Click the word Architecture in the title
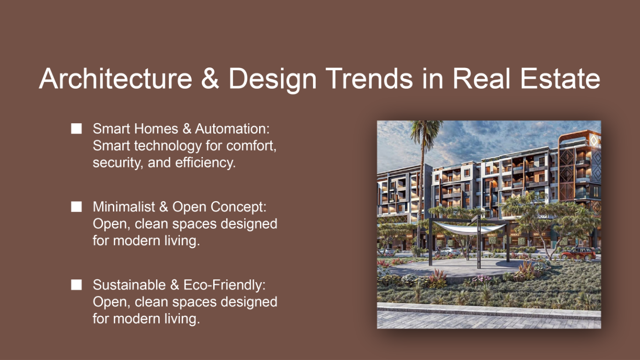tap(115, 79)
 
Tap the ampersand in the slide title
tap(210, 79)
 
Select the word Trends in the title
tap(369, 79)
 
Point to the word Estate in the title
tap(560, 79)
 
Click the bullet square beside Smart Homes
tap(76, 129)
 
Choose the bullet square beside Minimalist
tap(76, 207)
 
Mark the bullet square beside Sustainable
tap(76, 285)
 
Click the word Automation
tap(232, 129)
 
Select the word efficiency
tap(205, 162)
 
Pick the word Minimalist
tap(124, 206)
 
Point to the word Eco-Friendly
tap(224, 285)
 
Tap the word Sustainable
tap(129, 285)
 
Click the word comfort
tap(252, 146)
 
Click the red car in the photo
tap(578, 254)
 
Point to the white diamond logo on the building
tap(594, 141)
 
